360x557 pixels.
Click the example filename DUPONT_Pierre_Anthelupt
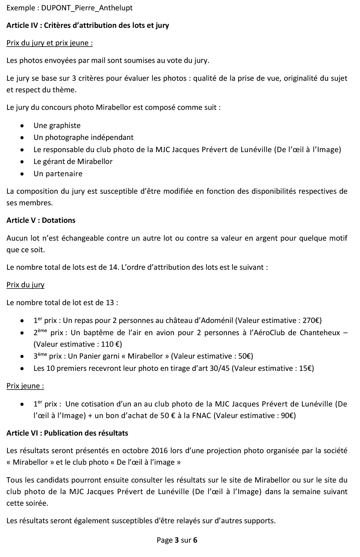pos(87,8)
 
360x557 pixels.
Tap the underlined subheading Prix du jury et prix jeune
pos(49,43)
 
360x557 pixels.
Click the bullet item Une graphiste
pos(57,125)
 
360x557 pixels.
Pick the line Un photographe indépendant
pos(83,137)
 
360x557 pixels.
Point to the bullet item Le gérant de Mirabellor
pos(73,161)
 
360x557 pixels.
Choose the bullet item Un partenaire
pos(58,174)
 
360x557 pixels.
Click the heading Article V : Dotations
pos(41,220)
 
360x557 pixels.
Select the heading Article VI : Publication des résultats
pos(67,433)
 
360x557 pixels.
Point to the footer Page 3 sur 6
pos(177,540)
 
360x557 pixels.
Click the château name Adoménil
pos(218,320)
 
